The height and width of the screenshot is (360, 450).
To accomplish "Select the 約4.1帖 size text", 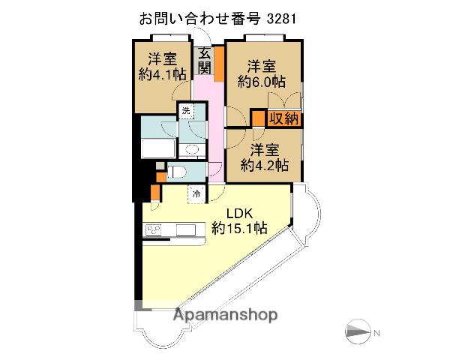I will pyautogui.click(x=163, y=74).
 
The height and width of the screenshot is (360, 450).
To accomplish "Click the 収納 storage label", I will pyautogui.click(x=285, y=118).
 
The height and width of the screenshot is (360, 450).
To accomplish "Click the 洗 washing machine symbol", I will pyautogui.click(x=184, y=111).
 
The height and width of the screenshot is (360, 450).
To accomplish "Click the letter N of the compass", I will pyautogui.click(x=377, y=333).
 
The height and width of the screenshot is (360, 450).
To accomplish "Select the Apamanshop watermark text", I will pyautogui.click(x=225, y=315).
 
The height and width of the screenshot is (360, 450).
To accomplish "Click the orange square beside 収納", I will pyautogui.click(x=258, y=118).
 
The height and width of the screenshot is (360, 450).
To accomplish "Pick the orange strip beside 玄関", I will pyautogui.click(x=220, y=63).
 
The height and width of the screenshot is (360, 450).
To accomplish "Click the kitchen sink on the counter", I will pyautogui.click(x=186, y=229).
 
